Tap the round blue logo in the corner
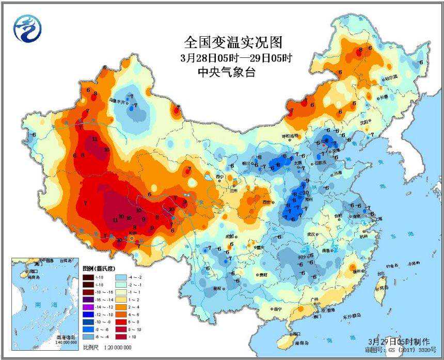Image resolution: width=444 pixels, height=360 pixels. (25, 28)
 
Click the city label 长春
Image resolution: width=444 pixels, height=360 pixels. (382, 97)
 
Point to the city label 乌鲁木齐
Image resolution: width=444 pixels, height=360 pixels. (118, 102)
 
